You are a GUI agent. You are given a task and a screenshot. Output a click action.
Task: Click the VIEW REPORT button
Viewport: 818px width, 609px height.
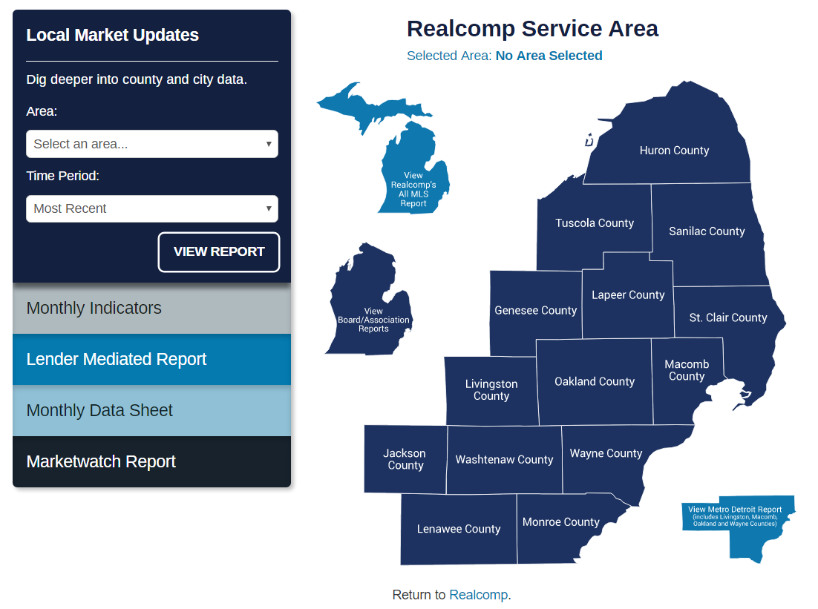pyautogui.click(x=218, y=252)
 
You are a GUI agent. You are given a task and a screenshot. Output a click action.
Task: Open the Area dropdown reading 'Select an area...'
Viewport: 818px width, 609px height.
pyautogui.click(x=152, y=144)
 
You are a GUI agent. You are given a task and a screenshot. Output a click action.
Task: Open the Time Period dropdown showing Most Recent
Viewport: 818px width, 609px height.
pyautogui.click(x=152, y=208)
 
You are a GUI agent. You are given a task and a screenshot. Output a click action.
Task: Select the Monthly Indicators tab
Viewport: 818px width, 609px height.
pyautogui.click(x=152, y=308)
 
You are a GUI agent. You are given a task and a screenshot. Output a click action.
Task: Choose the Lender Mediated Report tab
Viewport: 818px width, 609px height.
pyautogui.click(x=152, y=359)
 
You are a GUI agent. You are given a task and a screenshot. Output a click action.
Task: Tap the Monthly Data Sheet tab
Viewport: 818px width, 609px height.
pyautogui.click(x=152, y=410)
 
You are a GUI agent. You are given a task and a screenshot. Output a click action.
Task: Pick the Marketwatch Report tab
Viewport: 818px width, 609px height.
pyautogui.click(x=152, y=461)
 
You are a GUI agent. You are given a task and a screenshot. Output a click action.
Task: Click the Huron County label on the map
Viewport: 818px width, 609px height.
pyautogui.click(x=674, y=151)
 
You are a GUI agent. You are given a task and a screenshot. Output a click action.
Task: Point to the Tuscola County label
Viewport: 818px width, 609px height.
pyautogui.click(x=594, y=223)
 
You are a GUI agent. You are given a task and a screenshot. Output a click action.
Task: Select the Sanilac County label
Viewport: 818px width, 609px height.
pyautogui.click(x=707, y=231)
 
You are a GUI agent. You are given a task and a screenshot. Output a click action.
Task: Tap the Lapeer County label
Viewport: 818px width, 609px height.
pyautogui.click(x=628, y=295)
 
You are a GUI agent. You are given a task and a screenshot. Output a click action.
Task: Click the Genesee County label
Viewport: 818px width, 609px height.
pyautogui.click(x=536, y=311)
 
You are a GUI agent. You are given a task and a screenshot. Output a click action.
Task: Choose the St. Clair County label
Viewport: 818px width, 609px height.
pyautogui.click(x=728, y=317)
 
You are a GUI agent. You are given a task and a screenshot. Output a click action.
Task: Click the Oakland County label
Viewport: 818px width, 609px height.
pyautogui.click(x=595, y=382)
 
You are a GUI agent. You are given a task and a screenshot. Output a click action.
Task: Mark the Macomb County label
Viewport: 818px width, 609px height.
pyautogui.click(x=687, y=370)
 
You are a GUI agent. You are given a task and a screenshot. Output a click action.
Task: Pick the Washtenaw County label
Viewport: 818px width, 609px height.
pyautogui.click(x=504, y=459)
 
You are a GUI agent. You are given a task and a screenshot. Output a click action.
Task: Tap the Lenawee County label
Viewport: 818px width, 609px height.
pyautogui.click(x=459, y=529)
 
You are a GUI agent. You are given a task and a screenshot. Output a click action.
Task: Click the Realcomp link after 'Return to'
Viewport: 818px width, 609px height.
pyautogui.click(x=478, y=595)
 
